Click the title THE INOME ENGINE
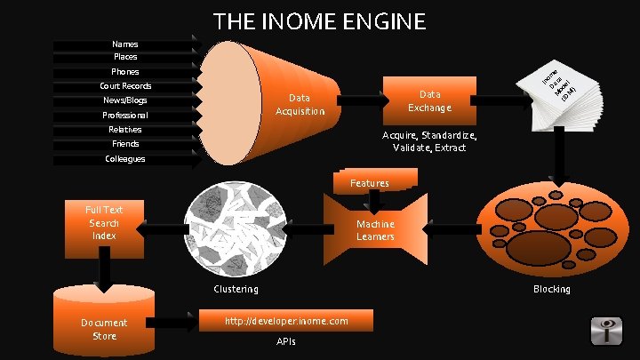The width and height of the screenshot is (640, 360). point(320,20)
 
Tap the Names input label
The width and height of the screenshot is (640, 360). point(125,44)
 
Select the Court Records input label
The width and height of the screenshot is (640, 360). point(125,86)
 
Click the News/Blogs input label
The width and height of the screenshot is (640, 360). point(125,100)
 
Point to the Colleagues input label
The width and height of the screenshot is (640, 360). point(125,159)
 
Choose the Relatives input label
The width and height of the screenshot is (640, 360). point(125,130)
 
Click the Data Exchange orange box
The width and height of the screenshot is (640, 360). point(430,100)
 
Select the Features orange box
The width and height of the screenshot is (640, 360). point(370,182)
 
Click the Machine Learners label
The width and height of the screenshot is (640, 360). point(375,230)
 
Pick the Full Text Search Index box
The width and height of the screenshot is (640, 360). point(104,222)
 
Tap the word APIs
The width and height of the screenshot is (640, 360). point(285,342)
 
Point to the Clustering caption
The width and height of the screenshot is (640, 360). point(236,289)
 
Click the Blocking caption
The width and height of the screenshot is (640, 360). point(551,289)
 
